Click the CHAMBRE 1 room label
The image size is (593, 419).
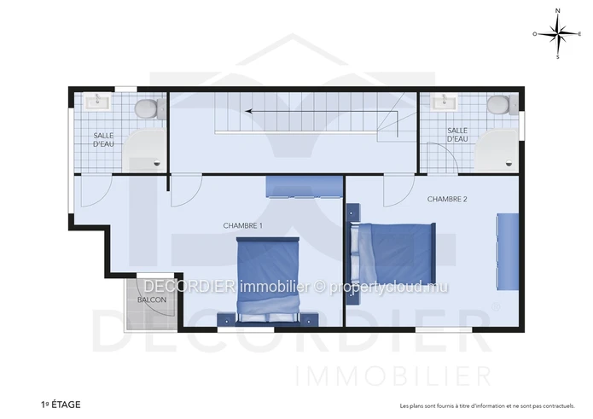click(x=242, y=226)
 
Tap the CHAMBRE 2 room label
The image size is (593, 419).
click(x=447, y=199)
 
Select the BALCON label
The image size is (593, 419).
click(x=152, y=300)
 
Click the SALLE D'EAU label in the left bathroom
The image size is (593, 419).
click(x=103, y=140)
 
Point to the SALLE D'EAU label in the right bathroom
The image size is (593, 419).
click(x=457, y=135)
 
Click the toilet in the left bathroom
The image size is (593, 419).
click(x=148, y=108)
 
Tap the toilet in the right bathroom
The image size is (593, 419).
click(x=502, y=104)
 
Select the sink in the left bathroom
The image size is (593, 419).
click(x=97, y=102)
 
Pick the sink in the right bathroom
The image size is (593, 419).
click(x=444, y=102)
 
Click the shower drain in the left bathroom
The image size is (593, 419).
click(x=157, y=164)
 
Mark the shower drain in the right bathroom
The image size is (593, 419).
click(x=509, y=164)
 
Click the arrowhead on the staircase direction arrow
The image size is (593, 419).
click(x=249, y=111)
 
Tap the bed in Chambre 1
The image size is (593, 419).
click(x=268, y=281)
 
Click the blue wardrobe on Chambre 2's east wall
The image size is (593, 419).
click(x=508, y=252)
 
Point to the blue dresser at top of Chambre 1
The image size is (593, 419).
click(x=305, y=187)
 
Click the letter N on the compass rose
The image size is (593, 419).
click(x=557, y=11)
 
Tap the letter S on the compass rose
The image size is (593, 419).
click(x=557, y=57)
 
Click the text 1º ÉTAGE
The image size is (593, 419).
click(x=61, y=404)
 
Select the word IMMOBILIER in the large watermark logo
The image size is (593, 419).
click(x=393, y=375)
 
